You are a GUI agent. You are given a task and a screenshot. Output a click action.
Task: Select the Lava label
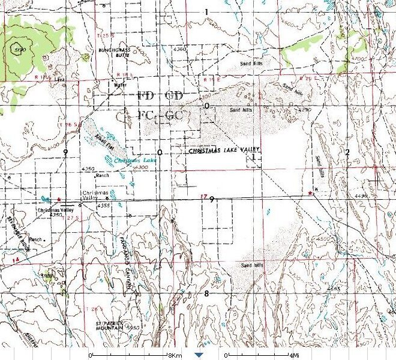(59, 79)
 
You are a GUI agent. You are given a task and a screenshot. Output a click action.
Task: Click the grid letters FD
(145, 96)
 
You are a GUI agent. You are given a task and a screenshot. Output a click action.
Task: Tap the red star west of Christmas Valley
(59, 199)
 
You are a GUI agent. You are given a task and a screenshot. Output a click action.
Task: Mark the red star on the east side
(309, 193)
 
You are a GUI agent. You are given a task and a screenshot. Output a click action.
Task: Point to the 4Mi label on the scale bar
(294, 355)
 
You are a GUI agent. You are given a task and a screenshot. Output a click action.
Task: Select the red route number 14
(16, 259)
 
